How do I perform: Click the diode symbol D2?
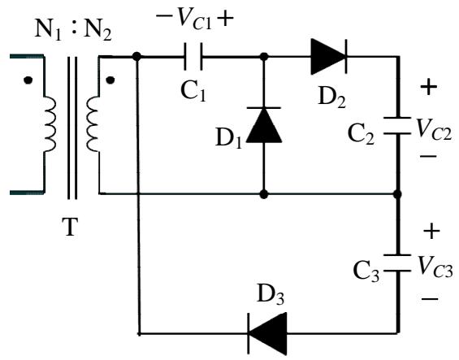(329, 57)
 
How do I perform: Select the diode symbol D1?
(264, 125)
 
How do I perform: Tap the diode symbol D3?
(267, 333)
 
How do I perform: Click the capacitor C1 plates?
(193, 57)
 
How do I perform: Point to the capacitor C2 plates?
(397, 126)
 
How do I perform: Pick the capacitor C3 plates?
(397, 263)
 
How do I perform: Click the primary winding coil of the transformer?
(50, 124)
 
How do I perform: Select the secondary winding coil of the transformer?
(93, 124)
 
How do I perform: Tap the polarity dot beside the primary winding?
(28, 80)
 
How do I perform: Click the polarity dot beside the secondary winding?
(110, 80)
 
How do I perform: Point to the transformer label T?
(70, 227)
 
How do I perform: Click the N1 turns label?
(48, 30)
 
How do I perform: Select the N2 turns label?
(97, 30)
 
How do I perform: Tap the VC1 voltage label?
(195, 20)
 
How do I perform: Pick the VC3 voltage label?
(435, 267)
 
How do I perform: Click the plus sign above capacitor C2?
(429, 87)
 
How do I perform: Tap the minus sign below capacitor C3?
(430, 299)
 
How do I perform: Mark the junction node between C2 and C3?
(397, 194)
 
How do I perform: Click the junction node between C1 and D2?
(264, 57)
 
